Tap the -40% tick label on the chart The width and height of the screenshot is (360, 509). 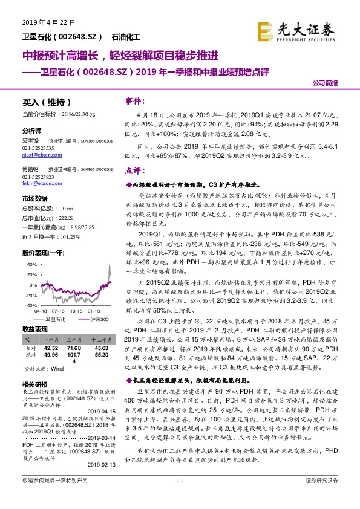click(28, 306)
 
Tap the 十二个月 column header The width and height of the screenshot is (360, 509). click(98, 340)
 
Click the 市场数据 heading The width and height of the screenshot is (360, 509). click(34, 198)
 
